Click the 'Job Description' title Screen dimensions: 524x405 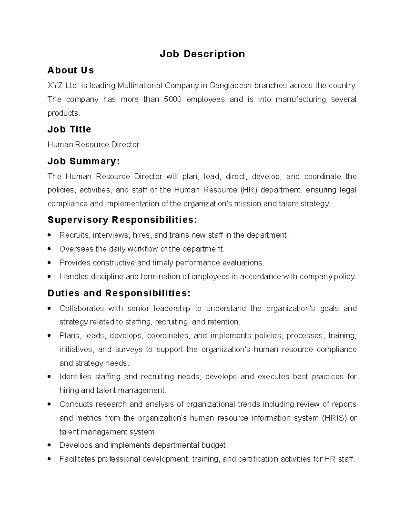(202, 54)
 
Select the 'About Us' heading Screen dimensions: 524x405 (71, 70)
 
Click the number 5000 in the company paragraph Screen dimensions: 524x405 (172, 100)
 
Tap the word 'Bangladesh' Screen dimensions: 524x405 (231, 86)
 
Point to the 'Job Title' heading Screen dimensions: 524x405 (69, 129)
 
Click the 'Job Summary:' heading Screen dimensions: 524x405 (84, 161)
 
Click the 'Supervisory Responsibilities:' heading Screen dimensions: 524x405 (122, 220)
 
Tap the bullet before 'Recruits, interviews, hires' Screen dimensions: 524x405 (50, 235)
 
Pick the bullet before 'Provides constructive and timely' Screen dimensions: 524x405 (50, 263)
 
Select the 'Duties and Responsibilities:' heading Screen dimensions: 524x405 (119, 293)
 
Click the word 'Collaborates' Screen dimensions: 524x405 (81, 308)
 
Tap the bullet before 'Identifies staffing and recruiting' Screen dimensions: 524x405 (50, 377)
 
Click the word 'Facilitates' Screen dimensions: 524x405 (77, 459)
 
